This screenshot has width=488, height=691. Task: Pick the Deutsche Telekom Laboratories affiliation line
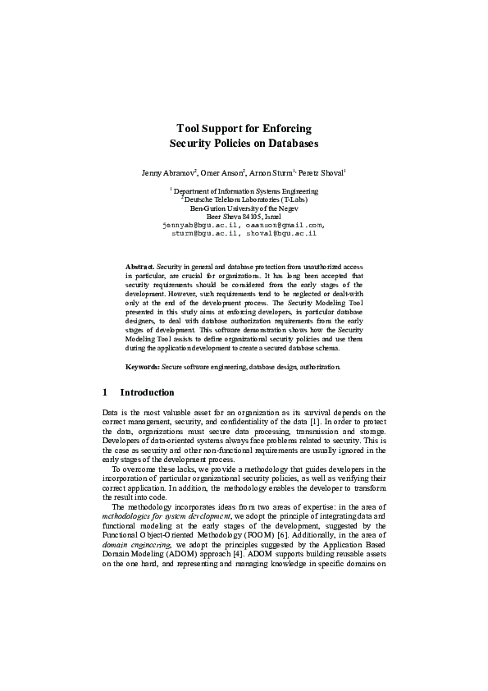pyautogui.click(x=244, y=199)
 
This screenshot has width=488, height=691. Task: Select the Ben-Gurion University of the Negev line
pyautogui.click(x=244, y=208)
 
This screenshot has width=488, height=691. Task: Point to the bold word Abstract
pyautogui.click(x=139, y=268)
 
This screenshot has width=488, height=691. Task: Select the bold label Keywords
pyautogui.click(x=142, y=367)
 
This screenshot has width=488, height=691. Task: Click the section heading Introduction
pyautogui.click(x=147, y=392)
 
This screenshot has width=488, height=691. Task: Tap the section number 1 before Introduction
pyautogui.click(x=105, y=392)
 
